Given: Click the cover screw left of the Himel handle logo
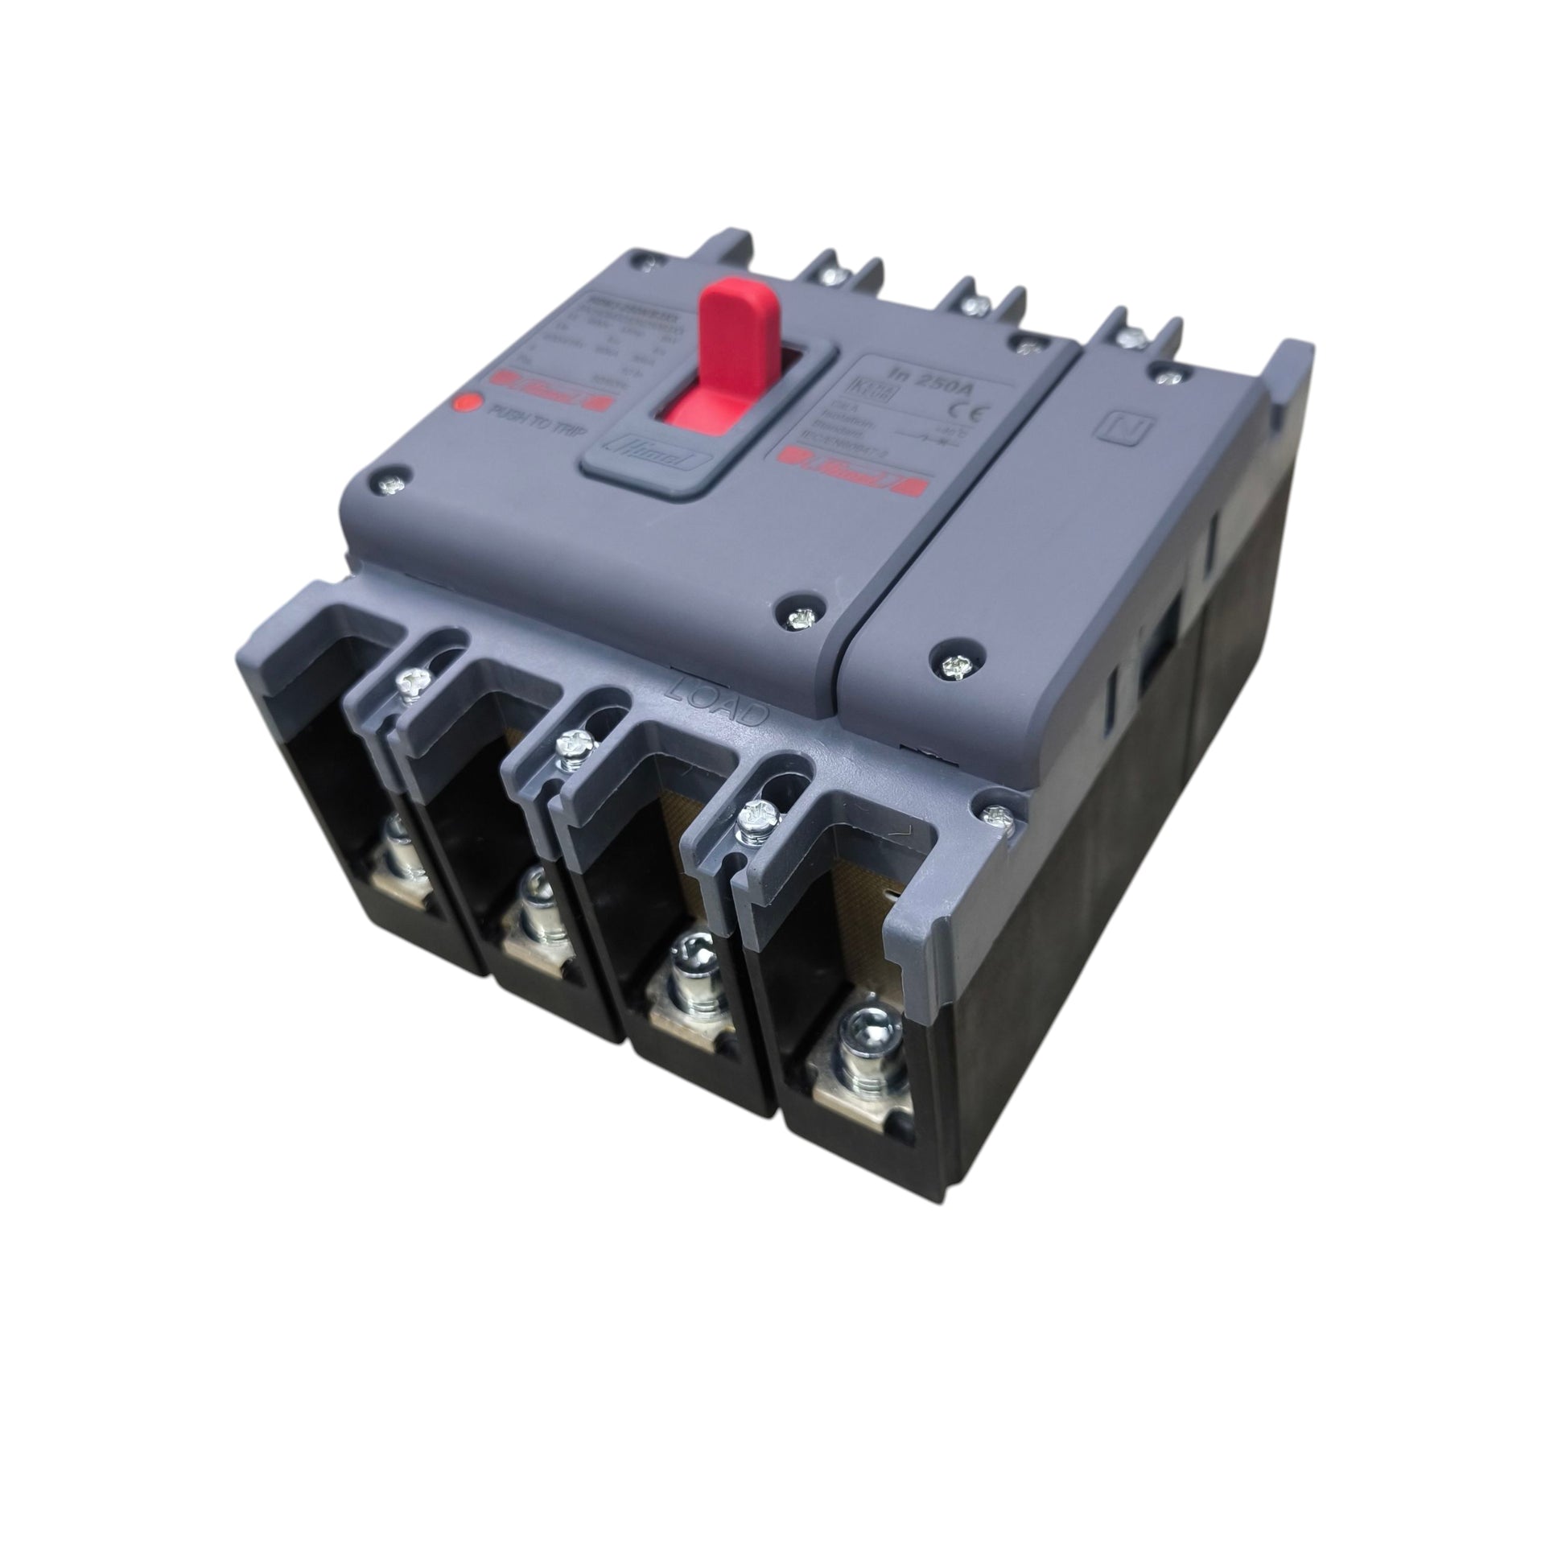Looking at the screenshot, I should [391, 484].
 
